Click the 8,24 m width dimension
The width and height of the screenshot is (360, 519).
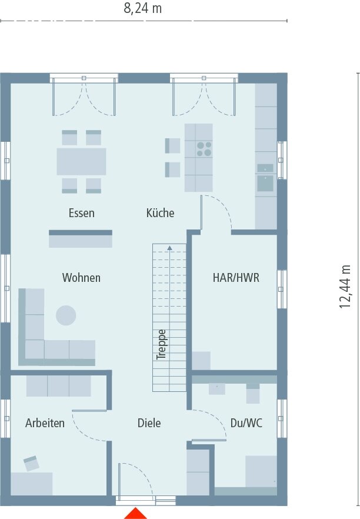click(x=142, y=8)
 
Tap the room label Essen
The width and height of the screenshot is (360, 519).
click(x=81, y=213)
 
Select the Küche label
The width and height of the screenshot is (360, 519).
click(x=160, y=213)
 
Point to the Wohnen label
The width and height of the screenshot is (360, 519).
click(x=81, y=278)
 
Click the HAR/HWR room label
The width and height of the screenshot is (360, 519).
click(x=236, y=278)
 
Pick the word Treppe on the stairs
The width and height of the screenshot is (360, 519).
click(x=162, y=344)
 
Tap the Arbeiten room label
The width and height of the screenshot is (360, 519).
click(x=45, y=423)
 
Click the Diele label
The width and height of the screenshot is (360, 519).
click(x=149, y=423)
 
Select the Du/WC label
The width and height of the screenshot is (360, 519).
click(x=246, y=423)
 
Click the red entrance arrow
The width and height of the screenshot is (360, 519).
click(x=136, y=513)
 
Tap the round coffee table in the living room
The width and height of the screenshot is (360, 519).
click(x=66, y=315)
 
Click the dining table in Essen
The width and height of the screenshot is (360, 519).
click(x=81, y=161)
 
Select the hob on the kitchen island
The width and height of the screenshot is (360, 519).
click(x=204, y=149)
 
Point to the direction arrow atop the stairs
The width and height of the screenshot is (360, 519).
click(x=169, y=248)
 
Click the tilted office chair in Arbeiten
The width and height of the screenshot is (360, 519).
click(x=31, y=463)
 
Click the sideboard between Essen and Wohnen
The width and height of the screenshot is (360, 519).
click(x=80, y=239)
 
